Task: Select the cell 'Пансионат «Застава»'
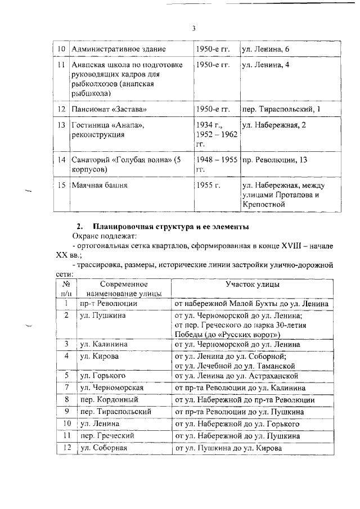pos(107,108)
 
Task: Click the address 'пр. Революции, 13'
pos(274,160)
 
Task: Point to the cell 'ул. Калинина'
pos(103,344)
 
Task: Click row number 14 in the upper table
pos(63,160)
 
